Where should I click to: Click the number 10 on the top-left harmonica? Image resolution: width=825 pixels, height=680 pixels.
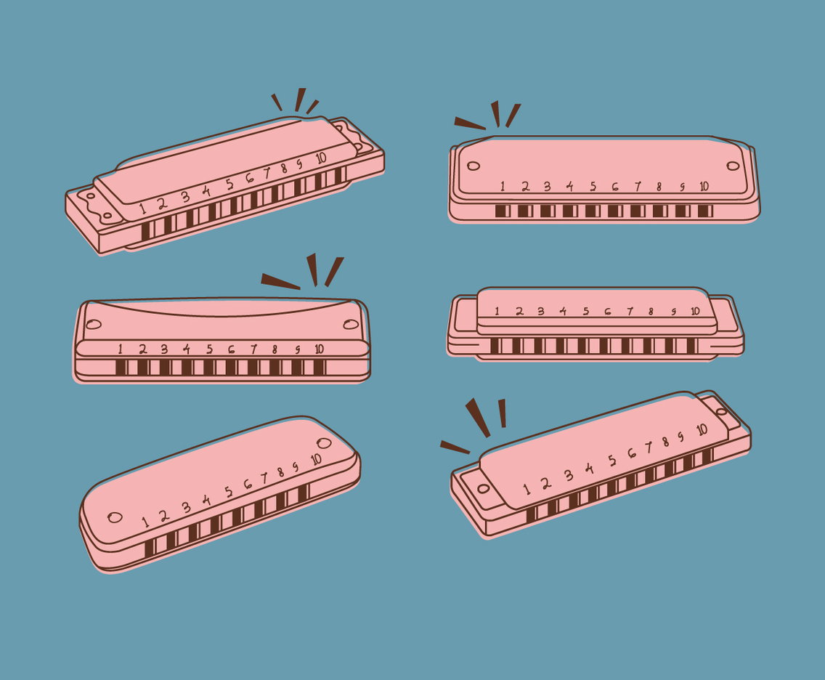[320, 157]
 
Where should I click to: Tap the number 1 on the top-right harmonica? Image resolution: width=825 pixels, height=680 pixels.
[502, 187]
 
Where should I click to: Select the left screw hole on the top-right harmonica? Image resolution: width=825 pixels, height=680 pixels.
[474, 166]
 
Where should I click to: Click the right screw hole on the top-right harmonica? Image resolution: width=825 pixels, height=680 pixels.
[733, 166]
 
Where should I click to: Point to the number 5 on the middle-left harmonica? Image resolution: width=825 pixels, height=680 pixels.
[209, 349]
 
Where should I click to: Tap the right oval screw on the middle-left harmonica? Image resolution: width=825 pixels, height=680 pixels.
[351, 324]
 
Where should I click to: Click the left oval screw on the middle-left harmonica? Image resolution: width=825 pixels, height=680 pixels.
[94, 324]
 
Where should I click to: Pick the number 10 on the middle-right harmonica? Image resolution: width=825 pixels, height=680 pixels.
[695, 311]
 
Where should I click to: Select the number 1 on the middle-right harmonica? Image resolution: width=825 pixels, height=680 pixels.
[497, 311]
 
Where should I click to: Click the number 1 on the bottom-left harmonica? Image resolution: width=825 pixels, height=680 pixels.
[145, 521]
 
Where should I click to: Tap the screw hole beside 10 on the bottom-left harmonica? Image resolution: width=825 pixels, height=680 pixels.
[324, 442]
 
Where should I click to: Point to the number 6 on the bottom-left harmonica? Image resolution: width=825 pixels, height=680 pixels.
[248, 484]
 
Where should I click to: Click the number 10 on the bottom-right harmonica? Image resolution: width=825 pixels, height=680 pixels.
[702, 429]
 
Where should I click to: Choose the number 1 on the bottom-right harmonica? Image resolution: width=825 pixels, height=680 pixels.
[527, 490]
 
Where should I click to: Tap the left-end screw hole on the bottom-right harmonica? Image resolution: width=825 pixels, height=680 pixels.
[484, 488]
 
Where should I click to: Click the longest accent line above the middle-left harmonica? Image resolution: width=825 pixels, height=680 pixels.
[280, 281]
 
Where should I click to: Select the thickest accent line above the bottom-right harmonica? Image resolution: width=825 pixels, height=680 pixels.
[478, 417]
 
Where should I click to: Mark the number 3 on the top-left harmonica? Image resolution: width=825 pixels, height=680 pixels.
[184, 197]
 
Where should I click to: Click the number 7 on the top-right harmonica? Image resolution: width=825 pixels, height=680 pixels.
[638, 187]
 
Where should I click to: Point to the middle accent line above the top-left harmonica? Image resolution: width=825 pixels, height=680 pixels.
[300, 100]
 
